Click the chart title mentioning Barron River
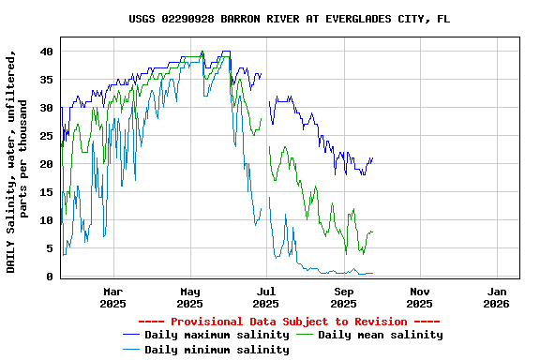pos(289,19)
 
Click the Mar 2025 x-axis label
pos(112,297)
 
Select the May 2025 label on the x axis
pos(189,297)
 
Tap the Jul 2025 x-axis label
pos(266,297)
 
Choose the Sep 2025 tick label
pos(343,297)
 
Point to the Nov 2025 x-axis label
pos(420,297)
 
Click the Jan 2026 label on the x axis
pos(496,297)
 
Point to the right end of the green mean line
pos(372,232)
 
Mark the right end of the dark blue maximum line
pos(372,158)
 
